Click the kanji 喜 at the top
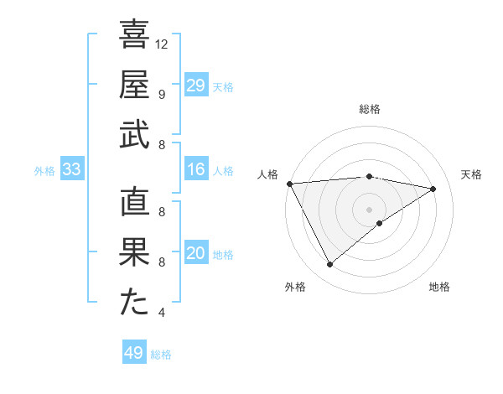click(134, 35)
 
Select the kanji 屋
click(134, 86)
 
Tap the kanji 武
click(134, 135)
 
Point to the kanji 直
click(134, 204)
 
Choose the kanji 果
click(134, 253)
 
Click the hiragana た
click(134, 303)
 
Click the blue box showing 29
click(196, 86)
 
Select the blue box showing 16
click(196, 170)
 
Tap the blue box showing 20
click(196, 254)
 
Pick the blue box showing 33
click(71, 170)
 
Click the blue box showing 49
click(134, 353)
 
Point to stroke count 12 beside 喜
click(162, 44)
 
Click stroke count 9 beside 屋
click(162, 94)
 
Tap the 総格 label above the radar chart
click(369, 109)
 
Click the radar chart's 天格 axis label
click(471, 174)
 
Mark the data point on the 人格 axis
click(289, 183)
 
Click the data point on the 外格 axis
click(329, 265)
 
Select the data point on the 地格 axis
click(380, 223)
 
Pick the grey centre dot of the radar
click(369, 208)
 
